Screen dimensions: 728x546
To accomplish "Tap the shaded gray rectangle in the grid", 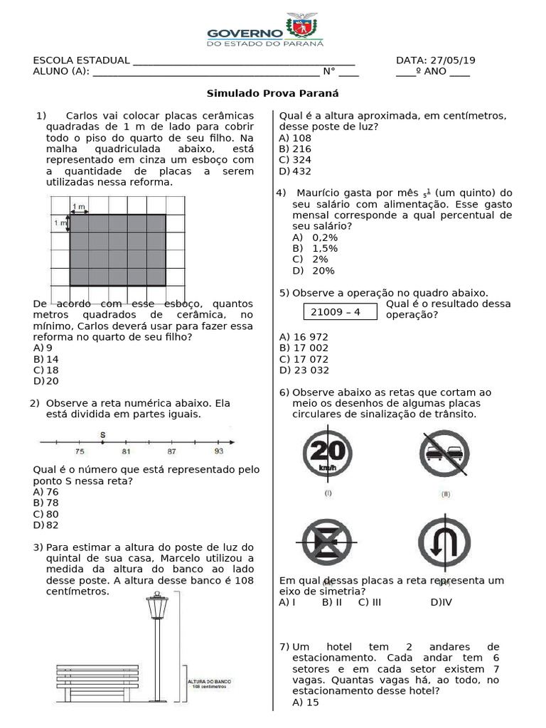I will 117,249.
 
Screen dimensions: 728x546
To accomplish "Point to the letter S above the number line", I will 103,435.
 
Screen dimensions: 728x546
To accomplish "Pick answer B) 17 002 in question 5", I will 304,348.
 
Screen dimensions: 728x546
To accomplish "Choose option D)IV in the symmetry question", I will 441,602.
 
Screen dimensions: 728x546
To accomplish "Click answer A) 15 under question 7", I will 306,702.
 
